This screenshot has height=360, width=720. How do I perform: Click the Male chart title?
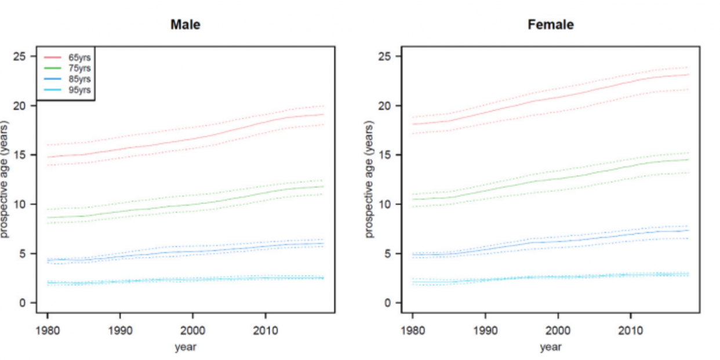186,25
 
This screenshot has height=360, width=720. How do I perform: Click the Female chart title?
550,25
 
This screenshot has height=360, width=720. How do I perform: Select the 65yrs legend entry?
75,57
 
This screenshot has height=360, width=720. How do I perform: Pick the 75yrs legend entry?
75,68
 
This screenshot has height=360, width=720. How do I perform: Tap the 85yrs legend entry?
75,79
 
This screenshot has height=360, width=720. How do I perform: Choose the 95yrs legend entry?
75,90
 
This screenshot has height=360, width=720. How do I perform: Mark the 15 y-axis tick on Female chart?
386,155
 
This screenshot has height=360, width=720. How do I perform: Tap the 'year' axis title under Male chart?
186,347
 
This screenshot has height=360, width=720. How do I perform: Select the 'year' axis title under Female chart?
550,347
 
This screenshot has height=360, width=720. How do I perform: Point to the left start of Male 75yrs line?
47,217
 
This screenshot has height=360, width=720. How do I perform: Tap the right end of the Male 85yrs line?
323,243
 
